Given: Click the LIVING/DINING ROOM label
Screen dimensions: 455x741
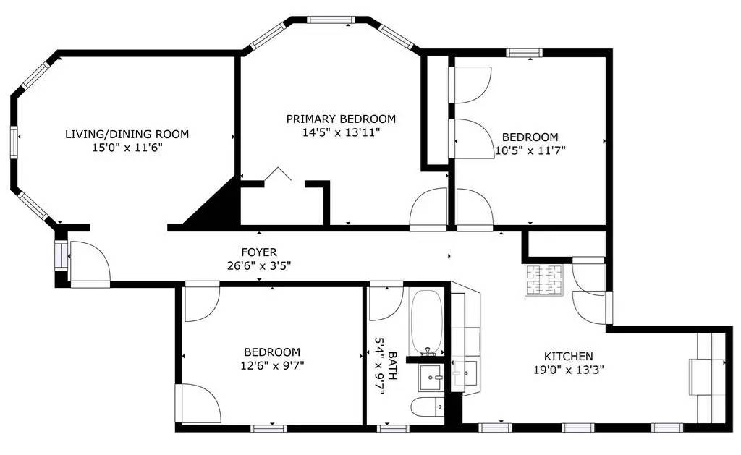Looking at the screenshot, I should coord(127,134).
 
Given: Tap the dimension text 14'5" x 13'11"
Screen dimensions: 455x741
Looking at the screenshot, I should coord(341,132).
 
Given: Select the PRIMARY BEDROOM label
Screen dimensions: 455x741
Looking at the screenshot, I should coord(341,119).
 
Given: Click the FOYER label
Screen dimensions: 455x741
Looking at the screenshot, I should coord(259,252).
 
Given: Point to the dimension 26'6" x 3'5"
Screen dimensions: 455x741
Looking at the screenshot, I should coord(259,265).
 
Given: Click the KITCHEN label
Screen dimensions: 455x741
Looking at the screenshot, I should coord(568,356).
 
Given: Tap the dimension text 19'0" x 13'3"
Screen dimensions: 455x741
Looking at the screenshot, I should coord(568,369).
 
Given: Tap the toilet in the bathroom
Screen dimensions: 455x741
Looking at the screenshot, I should coord(428,407).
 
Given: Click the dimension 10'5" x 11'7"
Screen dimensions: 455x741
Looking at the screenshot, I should coord(530,150).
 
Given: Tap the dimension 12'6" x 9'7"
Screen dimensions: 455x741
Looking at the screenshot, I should coord(272,365).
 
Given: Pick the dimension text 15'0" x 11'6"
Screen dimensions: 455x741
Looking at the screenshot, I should coord(127,148).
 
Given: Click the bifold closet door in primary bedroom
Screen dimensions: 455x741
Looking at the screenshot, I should coord(277,175).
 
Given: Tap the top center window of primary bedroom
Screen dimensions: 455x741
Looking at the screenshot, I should coord(331,20).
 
